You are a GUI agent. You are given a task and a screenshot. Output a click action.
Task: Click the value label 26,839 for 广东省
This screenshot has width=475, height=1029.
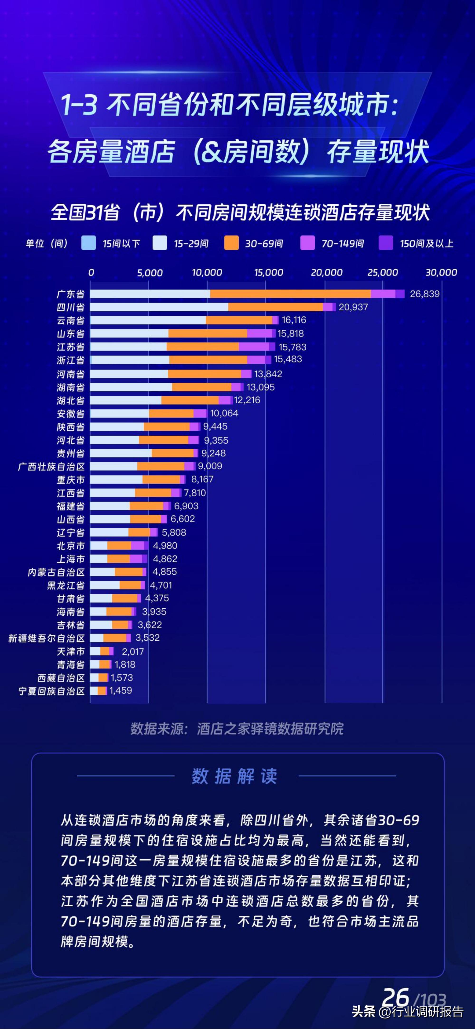click(x=424, y=294)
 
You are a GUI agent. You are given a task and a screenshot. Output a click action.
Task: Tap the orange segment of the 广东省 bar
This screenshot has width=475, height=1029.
click(x=290, y=294)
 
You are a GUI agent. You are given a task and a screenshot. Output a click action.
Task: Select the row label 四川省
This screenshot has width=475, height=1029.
click(x=71, y=307)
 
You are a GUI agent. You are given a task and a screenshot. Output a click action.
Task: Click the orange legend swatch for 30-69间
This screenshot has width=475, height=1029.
click(x=232, y=243)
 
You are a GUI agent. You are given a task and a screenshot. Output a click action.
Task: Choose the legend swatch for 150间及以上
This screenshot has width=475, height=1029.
click(x=386, y=243)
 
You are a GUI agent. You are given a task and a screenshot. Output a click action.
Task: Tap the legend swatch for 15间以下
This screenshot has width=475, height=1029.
click(x=89, y=243)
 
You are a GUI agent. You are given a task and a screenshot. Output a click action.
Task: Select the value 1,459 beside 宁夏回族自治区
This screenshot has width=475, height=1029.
click(x=121, y=691)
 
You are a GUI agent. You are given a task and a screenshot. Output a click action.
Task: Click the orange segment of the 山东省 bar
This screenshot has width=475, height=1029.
click(x=208, y=334)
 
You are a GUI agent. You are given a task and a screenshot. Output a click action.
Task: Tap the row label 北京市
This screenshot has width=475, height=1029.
click(x=71, y=546)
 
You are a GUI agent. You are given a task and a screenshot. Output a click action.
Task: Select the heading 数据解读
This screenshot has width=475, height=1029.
click(x=234, y=776)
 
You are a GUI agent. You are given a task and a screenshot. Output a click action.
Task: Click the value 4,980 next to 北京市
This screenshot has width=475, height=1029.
click(x=165, y=546)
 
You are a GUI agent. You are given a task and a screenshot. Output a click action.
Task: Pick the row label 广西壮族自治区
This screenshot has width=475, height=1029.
click(x=52, y=466)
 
